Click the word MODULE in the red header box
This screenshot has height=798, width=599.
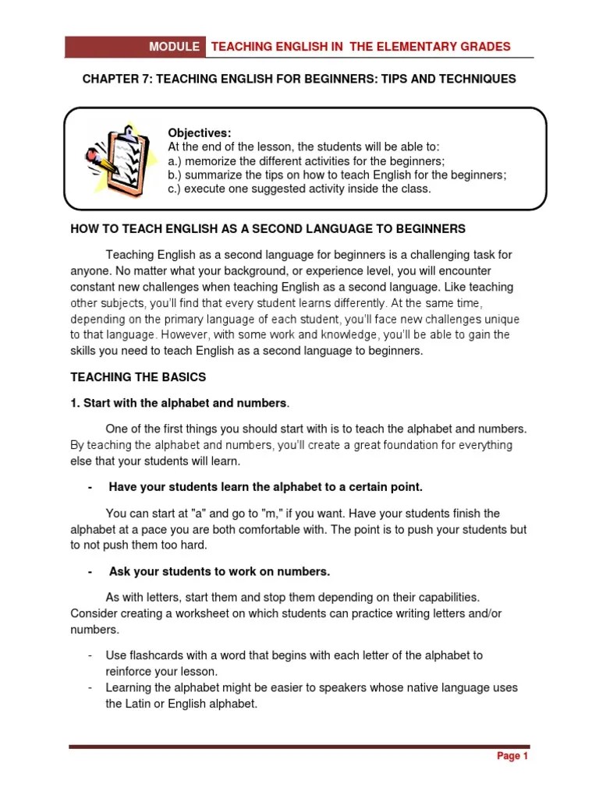175,47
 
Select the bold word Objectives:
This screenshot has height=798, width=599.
200,132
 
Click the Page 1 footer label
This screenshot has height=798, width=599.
512,756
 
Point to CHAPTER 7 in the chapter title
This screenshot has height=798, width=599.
115,80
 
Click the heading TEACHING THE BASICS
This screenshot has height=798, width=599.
138,377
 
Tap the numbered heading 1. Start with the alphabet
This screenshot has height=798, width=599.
179,403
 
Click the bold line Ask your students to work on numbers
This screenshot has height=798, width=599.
219,571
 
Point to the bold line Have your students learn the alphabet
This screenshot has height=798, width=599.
265,487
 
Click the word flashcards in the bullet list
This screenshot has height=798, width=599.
153,655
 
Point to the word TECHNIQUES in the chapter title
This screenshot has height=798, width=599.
474,80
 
